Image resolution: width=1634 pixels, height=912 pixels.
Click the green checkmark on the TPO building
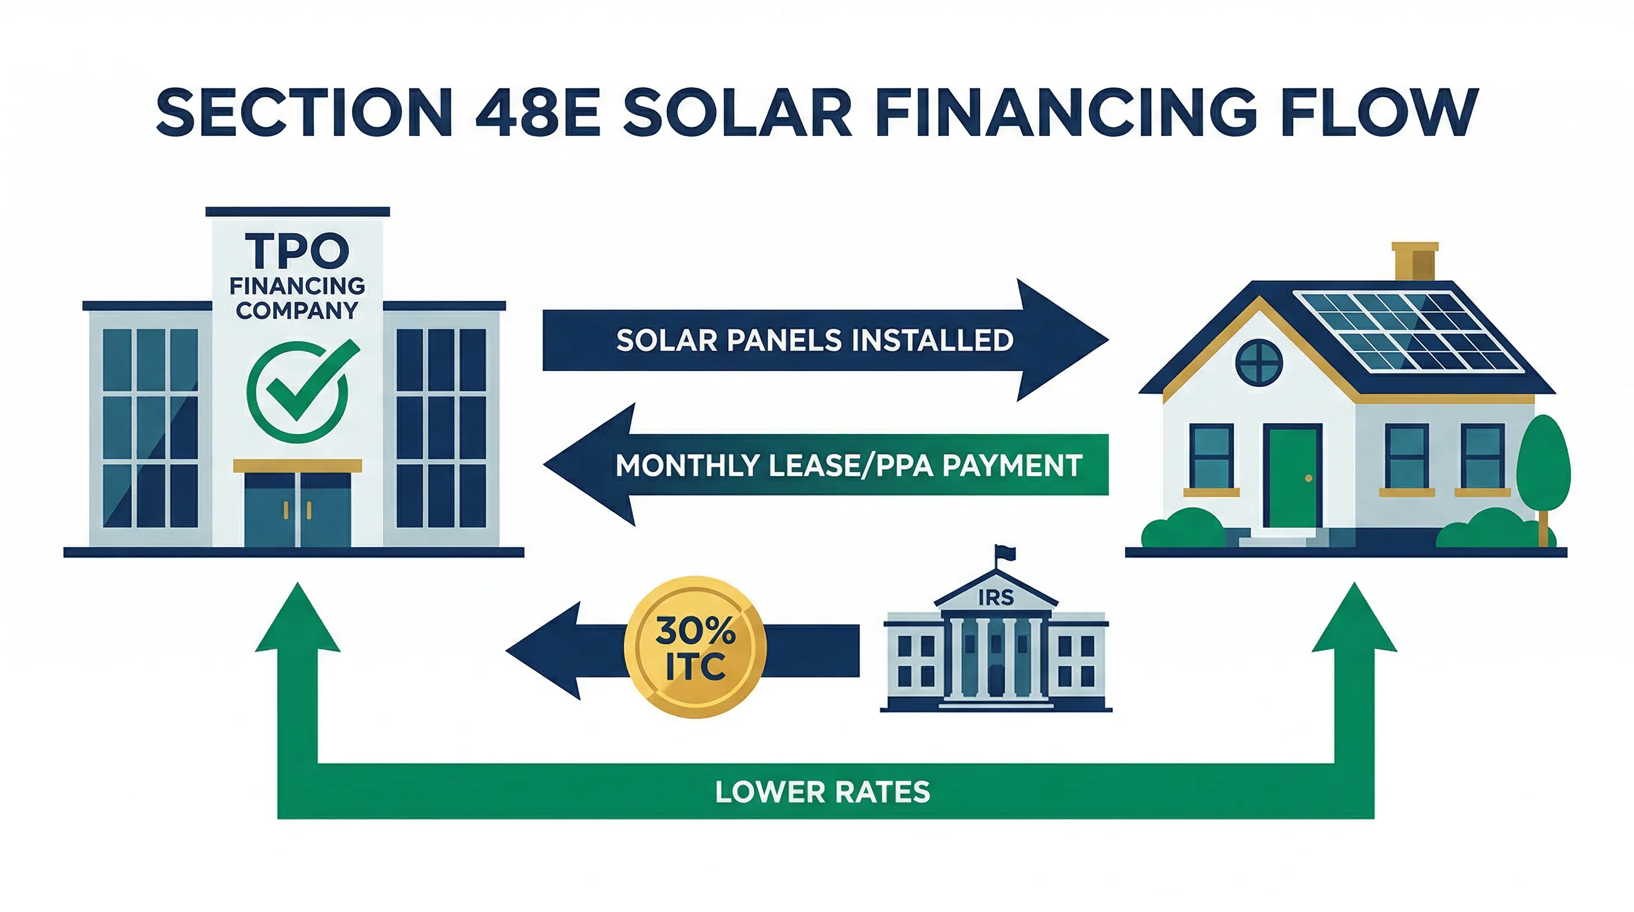(x=298, y=390)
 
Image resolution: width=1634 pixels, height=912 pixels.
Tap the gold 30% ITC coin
(x=695, y=648)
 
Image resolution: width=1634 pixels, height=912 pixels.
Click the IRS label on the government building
(x=995, y=597)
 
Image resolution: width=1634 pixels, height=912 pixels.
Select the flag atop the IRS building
(x=1005, y=552)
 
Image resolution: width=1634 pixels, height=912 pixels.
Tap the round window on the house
(x=1259, y=362)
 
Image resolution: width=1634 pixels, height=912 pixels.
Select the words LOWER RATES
(x=822, y=792)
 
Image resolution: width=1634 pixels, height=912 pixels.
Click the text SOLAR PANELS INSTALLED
(x=815, y=341)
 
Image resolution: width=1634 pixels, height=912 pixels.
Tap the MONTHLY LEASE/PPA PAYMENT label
(x=848, y=465)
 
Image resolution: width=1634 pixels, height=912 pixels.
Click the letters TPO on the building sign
(x=297, y=251)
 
